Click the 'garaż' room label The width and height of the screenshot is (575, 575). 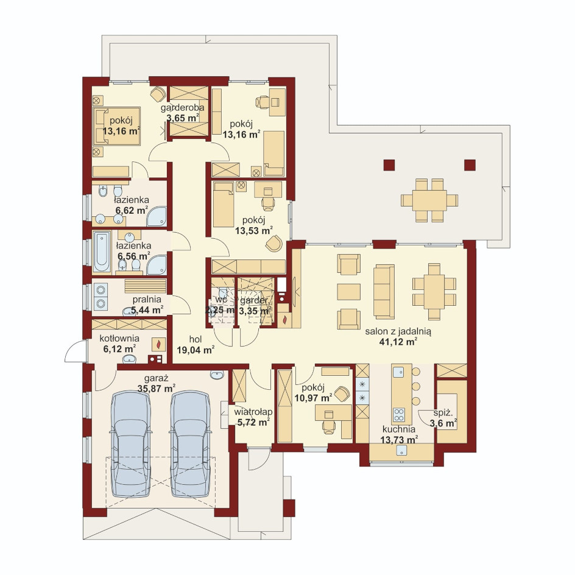pos(156,378)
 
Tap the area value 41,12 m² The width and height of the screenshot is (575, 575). pos(398,342)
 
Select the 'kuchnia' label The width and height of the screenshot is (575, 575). pos(398,429)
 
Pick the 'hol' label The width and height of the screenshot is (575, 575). pos(196,339)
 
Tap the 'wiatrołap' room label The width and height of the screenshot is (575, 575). pos(253,412)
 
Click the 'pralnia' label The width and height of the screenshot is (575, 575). pos(147,299)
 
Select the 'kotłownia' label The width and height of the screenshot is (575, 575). pos(119,338)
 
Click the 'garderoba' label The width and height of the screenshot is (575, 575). pos(182,108)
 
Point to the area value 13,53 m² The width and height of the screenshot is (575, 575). pos(253,231)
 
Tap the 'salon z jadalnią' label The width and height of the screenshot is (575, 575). pos(398,331)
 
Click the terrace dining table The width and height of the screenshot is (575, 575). pos(429,200)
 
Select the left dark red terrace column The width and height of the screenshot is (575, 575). pos(389,165)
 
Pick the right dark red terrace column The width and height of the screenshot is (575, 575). pos(470,165)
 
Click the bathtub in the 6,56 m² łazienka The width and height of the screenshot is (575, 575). pos(102,252)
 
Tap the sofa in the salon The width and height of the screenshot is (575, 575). pos(384,292)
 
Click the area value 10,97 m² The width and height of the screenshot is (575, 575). pos(313,398)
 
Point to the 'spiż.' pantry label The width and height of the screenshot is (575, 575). pos(443,413)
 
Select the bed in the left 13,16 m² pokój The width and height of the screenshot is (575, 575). pos(116,126)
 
